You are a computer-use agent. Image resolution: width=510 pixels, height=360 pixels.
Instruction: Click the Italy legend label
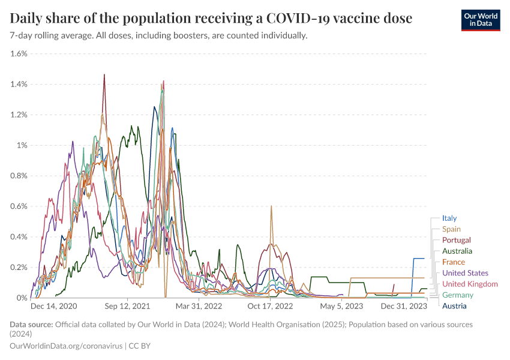(449, 218)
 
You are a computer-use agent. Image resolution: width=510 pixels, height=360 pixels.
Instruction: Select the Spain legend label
(451, 229)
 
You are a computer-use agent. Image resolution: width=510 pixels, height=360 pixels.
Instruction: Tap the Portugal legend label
(456, 240)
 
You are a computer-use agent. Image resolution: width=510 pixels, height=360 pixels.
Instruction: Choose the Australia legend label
(457, 251)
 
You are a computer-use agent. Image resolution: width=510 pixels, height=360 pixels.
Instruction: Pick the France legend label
(453, 262)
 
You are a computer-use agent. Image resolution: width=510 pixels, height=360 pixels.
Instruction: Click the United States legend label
(465, 273)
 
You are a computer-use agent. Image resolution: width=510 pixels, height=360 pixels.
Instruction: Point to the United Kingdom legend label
(470, 284)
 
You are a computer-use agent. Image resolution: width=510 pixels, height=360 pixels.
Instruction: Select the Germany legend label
(457, 295)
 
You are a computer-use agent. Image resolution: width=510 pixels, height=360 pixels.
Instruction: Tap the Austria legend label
(454, 306)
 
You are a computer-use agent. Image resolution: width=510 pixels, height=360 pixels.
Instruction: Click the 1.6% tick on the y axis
(19, 53)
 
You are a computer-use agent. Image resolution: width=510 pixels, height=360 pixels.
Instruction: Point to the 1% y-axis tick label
(22, 145)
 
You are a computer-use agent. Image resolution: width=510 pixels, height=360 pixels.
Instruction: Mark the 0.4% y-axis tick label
(19, 236)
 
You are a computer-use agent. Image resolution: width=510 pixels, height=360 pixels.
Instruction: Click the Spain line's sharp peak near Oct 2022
(271, 206)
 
